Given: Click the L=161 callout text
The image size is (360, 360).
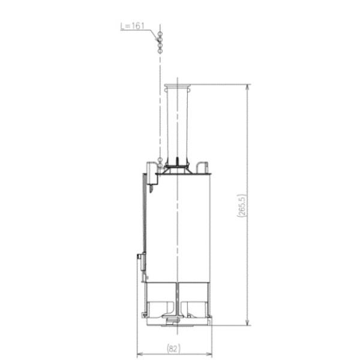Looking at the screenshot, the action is tap(132, 26).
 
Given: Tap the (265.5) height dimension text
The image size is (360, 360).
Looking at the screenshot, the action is tap(242, 205).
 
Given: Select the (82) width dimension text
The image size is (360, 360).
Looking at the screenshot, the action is tap(173, 349).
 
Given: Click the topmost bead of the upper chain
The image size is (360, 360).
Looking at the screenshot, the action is tap(160, 34).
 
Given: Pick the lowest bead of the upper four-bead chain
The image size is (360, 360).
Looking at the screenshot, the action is tap(160, 51).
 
